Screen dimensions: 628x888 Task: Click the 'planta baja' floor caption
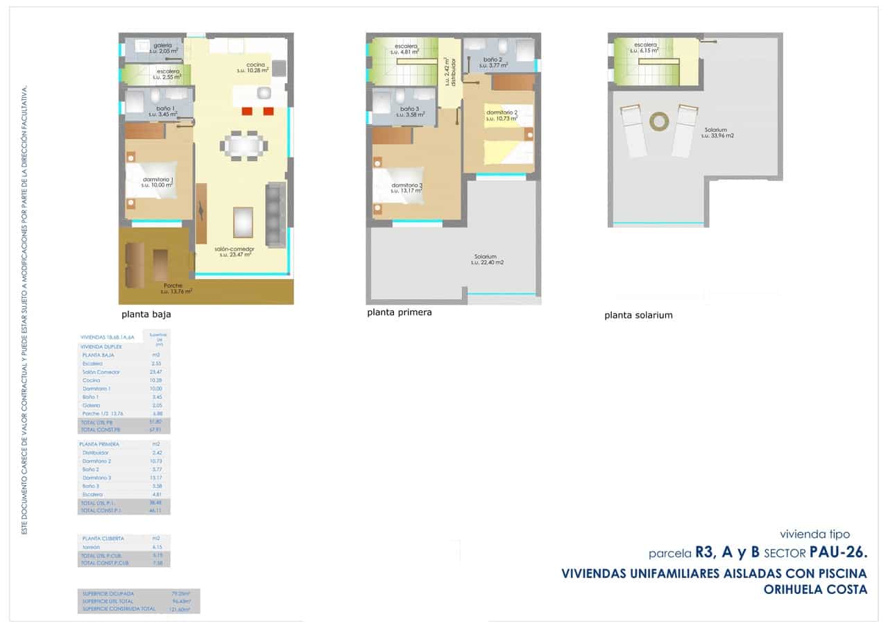146,314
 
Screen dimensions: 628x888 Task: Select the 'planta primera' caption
399,312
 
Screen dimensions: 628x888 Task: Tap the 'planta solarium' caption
638,315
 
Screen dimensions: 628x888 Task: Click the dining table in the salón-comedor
244,146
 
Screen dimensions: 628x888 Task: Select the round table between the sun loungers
657,121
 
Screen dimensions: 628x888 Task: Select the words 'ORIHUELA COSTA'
815,590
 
